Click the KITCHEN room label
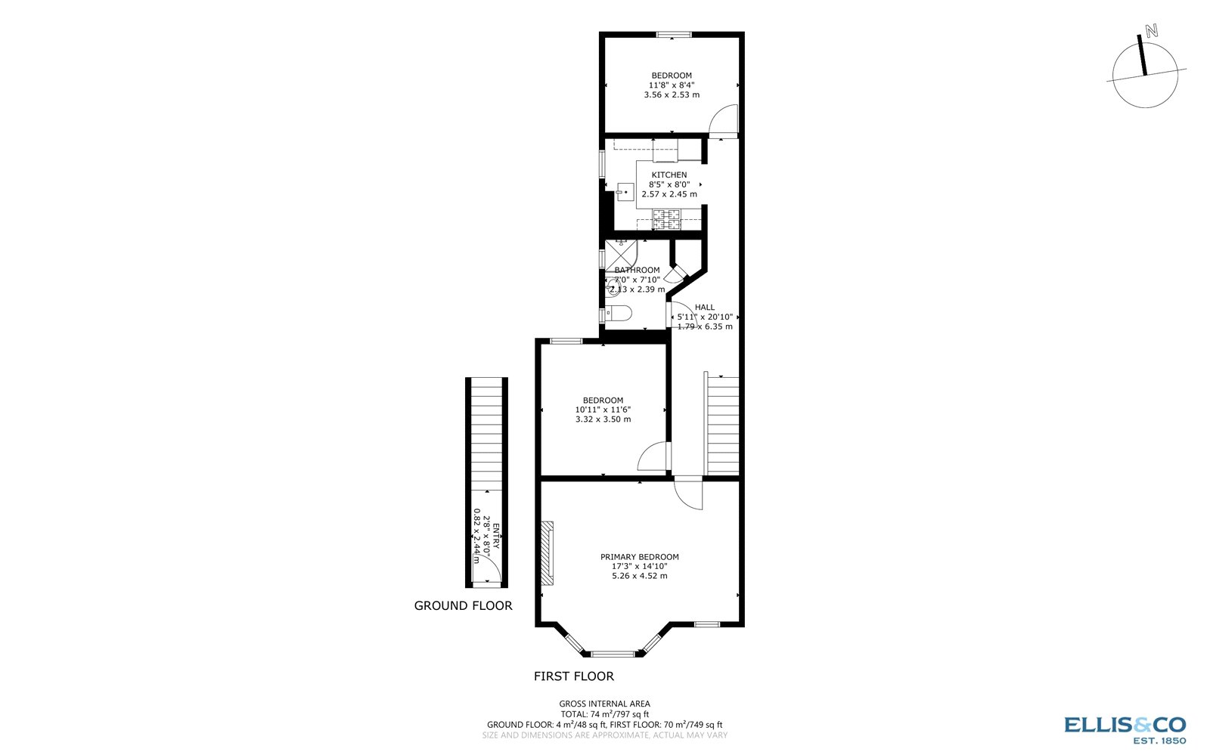tap(669, 175)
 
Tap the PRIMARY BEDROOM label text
tap(639, 557)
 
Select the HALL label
tap(704, 308)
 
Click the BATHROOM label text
tap(637, 270)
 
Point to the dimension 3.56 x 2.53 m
tap(671, 95)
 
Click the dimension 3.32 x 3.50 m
tap(603, 419)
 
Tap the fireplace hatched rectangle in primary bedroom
tap(547, 552)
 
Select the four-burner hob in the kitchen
tap(667, 219)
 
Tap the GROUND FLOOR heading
tap(463, 605)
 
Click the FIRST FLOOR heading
tap(573, 676)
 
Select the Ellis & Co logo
tap(1125, 729)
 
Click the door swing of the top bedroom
tap(724, 121)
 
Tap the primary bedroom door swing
tap(688, 495)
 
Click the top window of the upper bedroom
tap(672, 34)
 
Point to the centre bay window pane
tap(613, 654)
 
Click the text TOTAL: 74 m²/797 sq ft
tap(604, 713)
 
